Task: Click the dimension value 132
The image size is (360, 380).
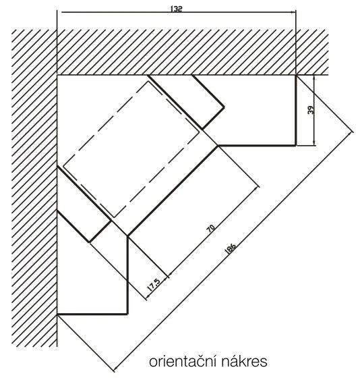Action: click(176, 9)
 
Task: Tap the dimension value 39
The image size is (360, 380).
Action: click(311, 110)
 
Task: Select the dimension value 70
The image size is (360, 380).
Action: click(211, 229)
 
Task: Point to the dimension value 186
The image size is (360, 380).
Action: click(231, 248)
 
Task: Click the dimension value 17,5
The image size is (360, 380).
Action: click(154, 285)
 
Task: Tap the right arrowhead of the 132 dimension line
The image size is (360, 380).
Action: click(293, 12)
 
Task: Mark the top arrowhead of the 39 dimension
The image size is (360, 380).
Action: click(314, 78)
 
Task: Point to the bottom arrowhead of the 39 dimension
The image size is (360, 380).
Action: click(314, 143)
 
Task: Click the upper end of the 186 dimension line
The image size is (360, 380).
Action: click(351, 132)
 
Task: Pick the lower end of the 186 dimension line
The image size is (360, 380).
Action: click(114, 370)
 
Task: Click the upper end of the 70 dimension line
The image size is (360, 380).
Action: click(258, 187)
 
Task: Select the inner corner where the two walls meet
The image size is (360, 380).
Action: click(57, 75)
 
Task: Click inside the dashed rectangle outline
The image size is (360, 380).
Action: click(131, 148)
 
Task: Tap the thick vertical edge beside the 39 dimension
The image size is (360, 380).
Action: click(296, 110)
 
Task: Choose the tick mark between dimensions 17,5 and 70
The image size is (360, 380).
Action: click(168, 276)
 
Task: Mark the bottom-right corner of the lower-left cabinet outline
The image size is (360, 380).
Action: click(127, 315)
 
